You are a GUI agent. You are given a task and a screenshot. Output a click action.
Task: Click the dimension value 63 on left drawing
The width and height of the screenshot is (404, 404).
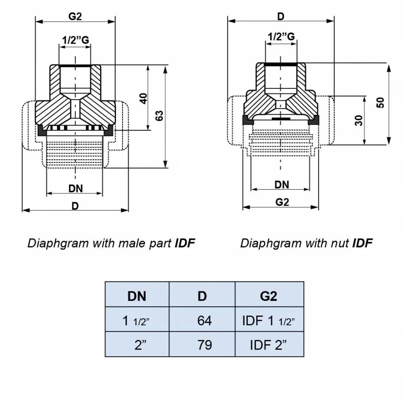click(x=159, y=116)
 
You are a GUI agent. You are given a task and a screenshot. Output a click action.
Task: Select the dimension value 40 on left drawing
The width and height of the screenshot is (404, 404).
click(x=143, y=98)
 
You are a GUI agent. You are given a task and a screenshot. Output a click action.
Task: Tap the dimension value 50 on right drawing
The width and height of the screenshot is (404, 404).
click(x=381, y=103)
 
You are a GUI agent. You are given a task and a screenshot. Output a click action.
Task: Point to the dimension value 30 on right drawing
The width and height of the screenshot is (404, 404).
click(x=359, y=120)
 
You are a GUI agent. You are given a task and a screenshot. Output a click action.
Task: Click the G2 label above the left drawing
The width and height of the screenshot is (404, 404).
click(x=75, y=16)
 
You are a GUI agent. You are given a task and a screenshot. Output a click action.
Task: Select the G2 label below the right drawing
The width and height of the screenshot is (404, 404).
click(x=282, y=202)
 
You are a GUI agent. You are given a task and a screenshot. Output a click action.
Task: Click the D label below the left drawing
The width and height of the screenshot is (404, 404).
click(x=75, y=206)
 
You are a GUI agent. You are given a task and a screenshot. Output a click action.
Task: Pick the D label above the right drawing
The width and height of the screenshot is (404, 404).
click(x=281, y=16)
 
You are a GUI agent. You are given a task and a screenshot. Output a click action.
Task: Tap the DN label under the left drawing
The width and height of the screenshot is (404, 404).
click(x=75, y=188)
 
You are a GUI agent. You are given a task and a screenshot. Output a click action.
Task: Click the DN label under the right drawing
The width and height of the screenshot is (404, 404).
click(x=281, y=185)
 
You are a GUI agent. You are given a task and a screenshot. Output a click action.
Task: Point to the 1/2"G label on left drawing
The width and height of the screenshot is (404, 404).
click(x=75, y=40)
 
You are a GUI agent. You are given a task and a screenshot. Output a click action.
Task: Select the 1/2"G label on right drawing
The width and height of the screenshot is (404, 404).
click(x=281, y=37)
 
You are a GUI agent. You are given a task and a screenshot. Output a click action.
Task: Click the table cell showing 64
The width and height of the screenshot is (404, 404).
click(x=202, y=320)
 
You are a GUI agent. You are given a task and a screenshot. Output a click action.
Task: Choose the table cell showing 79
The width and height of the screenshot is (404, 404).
click(x=202, y=345)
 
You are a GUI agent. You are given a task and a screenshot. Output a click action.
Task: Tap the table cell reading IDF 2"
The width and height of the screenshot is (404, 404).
click(x=269, y=345)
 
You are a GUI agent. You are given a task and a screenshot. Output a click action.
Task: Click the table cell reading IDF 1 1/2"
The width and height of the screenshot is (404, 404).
click(x=269, y=320)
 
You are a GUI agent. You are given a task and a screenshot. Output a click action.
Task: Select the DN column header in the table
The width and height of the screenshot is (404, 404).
click(x=136, y=296)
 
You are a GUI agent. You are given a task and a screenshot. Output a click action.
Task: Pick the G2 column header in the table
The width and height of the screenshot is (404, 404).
click(x=269, y=296)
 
